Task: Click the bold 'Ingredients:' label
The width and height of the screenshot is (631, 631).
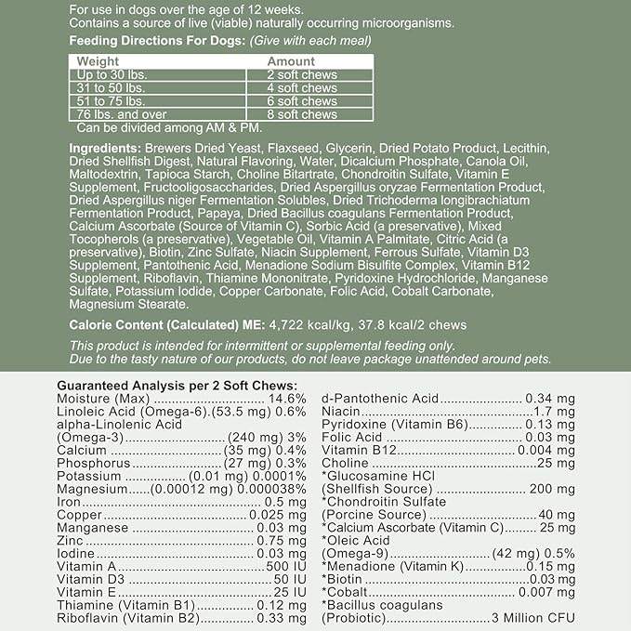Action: click(105, 149)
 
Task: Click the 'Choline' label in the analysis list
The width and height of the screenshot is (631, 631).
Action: click(345, 463)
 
